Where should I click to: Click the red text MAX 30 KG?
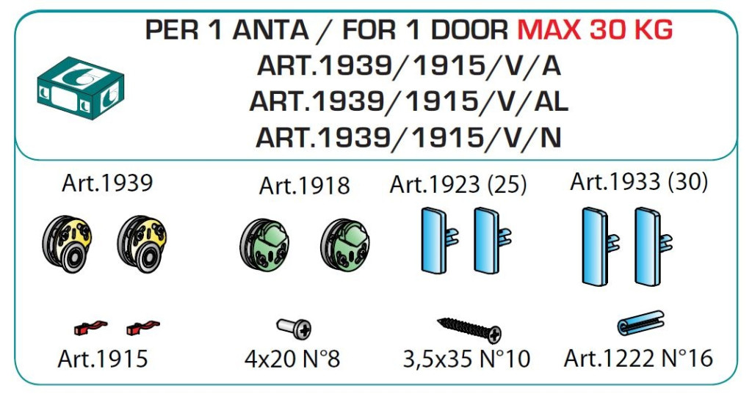point(595,30)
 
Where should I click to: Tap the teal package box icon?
point(81,88)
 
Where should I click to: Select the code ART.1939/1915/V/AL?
point(409,101)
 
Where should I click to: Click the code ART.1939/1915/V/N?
point(408,137)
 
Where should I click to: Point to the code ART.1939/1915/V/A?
point(409,65)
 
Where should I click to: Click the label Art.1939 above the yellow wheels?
point(107,183)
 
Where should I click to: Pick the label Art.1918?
point(305,186)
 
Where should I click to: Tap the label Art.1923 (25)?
point(458,185)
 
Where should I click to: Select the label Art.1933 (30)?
point(639,182)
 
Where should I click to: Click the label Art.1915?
point(103,359)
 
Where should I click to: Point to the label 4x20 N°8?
point(292,359)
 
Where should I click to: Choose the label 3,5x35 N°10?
point(466,359)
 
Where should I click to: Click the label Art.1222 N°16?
point(638,358)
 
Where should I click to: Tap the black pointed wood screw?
point(469,329)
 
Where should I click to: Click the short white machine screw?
point(294,329)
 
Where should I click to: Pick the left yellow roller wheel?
point(67,244)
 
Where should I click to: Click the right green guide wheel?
point(345,245)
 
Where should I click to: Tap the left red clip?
point(90,327)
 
